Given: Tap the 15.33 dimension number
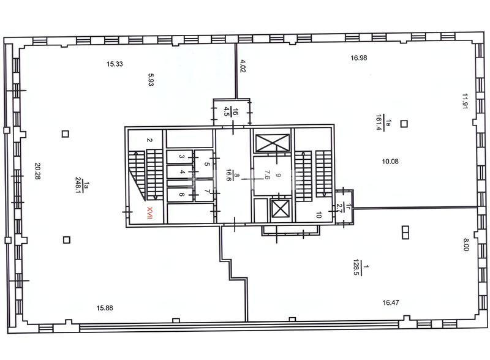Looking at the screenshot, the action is [x=115, y=64].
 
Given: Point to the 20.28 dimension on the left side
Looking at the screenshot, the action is [x=38, y=171].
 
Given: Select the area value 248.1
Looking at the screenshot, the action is [x=78, y=186].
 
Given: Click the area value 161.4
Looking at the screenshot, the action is [x=379, y=122].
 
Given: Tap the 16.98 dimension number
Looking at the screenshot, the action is [x=359, y=58].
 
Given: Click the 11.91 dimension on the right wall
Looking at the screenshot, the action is [x=465, y=101].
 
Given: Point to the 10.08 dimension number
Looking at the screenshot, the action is [x=390, y=162].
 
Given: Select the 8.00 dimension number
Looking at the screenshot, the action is [x=466, y=245].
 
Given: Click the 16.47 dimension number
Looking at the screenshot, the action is [x=391, y=302].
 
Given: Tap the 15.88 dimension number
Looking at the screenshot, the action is [x=105, y=308].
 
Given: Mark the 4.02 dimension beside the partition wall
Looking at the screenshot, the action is [x=243, y=66].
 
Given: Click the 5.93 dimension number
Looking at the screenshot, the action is [x=151, y=80].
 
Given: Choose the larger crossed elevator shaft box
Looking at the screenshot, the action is [x=273, y=143].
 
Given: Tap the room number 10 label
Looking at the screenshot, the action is [x=318, y=215].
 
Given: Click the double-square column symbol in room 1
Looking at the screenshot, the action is [x=405, y=233].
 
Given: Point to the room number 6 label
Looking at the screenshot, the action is [x=182, y=195].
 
